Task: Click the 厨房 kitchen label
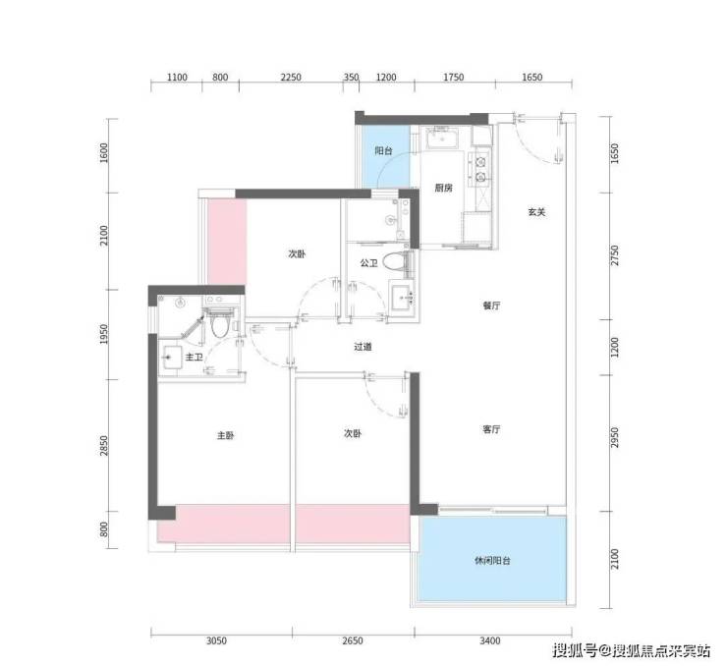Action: (x=444, y=188)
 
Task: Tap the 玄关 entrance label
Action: (x=536, y=212)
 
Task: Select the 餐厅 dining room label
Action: (x=491, y=305)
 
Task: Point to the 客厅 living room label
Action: (x=491, y=429)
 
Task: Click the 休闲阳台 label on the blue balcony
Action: (x=492, y=561)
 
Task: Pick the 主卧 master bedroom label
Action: (x=226, y=436)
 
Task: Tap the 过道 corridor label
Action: (x=363, y=347)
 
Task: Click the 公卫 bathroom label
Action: (x=368, y=263)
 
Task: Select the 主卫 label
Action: (x=194, y=358)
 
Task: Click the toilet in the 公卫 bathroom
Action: (x=398, y=261)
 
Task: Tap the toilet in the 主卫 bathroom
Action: (x=219, y=322)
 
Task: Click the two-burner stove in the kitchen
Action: (x=481, y=169)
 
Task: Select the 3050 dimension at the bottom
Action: (x=216, y=641)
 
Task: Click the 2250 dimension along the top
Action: (x=291, y=78)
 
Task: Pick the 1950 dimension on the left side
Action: (x=104, y=334)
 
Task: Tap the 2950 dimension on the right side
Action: (x=615, y=438)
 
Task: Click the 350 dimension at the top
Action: (x=351, y=78)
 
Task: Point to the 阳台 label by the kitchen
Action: (x=383, y=150)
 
